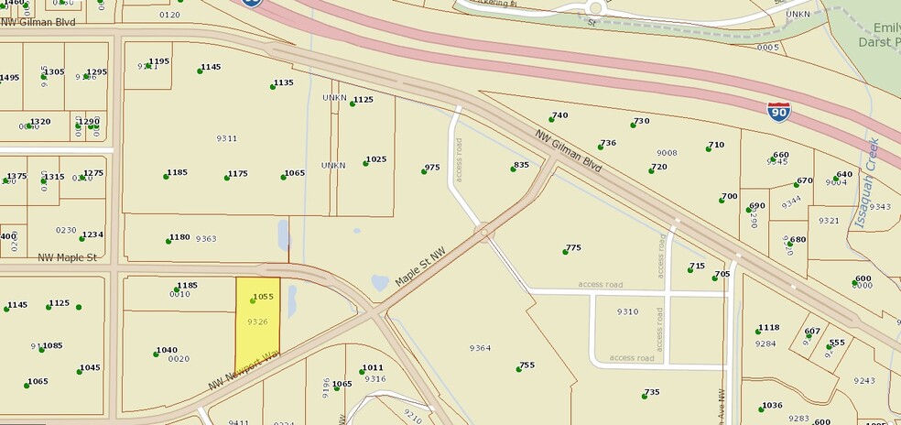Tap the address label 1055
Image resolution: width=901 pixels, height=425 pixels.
(x=264, y=297)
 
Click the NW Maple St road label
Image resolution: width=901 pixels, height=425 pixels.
(x=67, y=258)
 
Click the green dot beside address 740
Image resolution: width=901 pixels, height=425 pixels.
(x=551, y=118)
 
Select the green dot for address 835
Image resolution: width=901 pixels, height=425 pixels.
(x=513, y=168)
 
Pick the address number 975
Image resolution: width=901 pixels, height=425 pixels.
(x=432, y=168)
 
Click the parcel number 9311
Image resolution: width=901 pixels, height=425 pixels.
(x=226, y=138)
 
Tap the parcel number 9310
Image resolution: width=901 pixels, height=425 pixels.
(x=627, y=311)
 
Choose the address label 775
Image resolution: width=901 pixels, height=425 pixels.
(x=573, y=247)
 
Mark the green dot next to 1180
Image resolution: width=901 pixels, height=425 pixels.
(x=168, y=239)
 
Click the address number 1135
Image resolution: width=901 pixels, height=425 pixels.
(x=283, y=82)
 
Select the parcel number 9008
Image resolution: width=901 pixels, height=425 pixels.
(x=667, y=153)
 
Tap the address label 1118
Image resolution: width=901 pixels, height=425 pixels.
(x=768, y=328)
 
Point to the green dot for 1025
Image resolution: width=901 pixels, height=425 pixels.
(x=364, y=162)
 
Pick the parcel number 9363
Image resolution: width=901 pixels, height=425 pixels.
(x=206, y=238)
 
